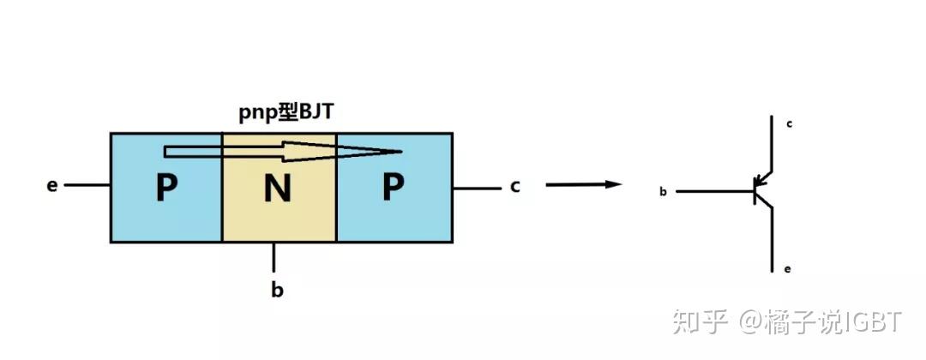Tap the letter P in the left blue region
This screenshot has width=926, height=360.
click(x=166, y=189)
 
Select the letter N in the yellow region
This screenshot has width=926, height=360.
click(x=277, y=189)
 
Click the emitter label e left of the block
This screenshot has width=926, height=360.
click(x=52, y=185)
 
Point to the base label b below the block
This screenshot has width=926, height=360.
click(x=277, y=290)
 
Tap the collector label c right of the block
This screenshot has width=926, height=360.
click(x=514, y=185)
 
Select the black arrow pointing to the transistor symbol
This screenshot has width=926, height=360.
click(x=583, y=183)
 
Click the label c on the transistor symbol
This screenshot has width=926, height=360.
click(x=789, y=124)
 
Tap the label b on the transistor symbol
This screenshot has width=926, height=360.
click(x=663, y=192)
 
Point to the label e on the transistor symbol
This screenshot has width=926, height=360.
click(x=788, y=269)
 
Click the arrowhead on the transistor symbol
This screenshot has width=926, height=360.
click(x=760, y=183)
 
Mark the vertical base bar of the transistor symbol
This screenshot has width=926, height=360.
click(x=755, y=191)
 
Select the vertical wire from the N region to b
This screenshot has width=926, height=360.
click(x=274, y=256)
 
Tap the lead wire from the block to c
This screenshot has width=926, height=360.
click(x=475, y=188)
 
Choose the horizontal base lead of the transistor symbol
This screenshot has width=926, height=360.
click(x=715, y=191)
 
